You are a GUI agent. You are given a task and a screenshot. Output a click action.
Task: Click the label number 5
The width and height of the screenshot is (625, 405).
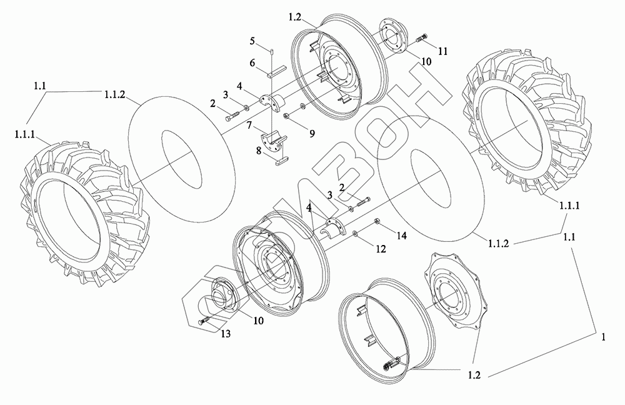[252, 41]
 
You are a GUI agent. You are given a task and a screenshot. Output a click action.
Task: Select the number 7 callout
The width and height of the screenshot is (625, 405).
[248, 126]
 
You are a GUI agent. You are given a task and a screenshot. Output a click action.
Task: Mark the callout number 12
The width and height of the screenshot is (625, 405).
[376, 249]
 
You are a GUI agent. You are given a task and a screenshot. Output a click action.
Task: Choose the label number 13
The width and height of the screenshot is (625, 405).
[226, 334]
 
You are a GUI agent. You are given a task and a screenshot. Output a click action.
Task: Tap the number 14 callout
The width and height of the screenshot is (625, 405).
[401, 235]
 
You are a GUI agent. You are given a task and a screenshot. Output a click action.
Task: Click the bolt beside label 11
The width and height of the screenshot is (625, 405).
[420, 38]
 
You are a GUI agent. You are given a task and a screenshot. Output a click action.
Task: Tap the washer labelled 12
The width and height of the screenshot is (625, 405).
[354, 234]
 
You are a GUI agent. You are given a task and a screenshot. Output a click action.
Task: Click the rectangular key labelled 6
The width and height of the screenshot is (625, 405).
[276, 73]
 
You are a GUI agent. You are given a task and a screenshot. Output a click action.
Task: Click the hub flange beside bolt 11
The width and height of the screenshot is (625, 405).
[392, 37]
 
